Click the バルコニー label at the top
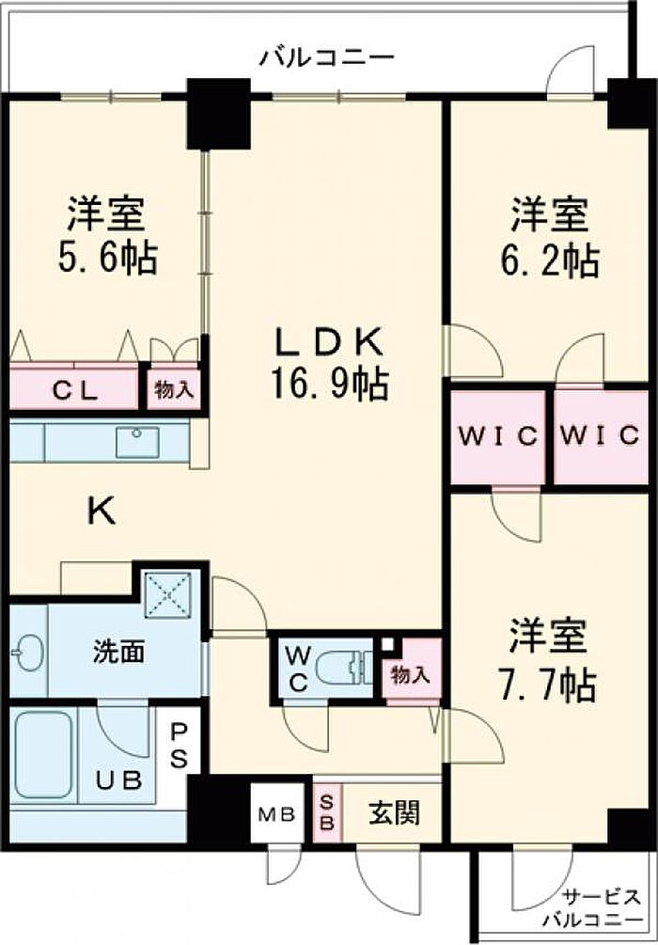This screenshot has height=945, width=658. pos(327,58)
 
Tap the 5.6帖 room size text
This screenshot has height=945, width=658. pos(107,259)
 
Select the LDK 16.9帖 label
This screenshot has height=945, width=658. pos(329,364)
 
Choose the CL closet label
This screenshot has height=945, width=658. pos(74,391)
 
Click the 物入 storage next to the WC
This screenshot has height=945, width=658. pos(412,672)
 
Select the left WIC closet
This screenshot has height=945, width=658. pos(498,436)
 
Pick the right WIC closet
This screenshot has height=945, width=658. pos(600,436)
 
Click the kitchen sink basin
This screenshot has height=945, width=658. pos(137,442)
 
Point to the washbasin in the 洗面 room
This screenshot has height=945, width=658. pos(27,653)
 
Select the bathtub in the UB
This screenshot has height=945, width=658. pos(43,754)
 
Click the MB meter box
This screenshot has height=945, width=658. pos(277,813)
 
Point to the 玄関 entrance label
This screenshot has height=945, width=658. pos(394,813)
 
